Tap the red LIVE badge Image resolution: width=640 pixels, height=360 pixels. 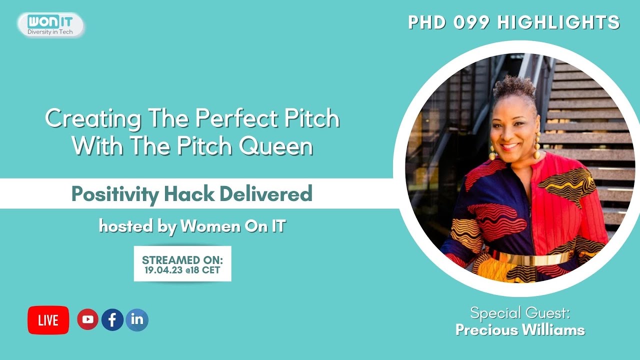coord(48,320)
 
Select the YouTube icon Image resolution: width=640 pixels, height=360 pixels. coord(87,319)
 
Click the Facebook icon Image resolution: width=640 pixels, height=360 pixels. coord(112,319)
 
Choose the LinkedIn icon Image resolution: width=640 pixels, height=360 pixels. coord(137,319)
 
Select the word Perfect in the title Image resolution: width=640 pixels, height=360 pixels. coord(230,119)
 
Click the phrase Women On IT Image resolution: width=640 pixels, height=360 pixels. coord(232,226)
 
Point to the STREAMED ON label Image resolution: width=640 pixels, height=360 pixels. coord(182,260)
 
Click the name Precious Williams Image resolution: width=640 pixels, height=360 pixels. coord(520,330)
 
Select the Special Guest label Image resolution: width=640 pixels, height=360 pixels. coord(520,314)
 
